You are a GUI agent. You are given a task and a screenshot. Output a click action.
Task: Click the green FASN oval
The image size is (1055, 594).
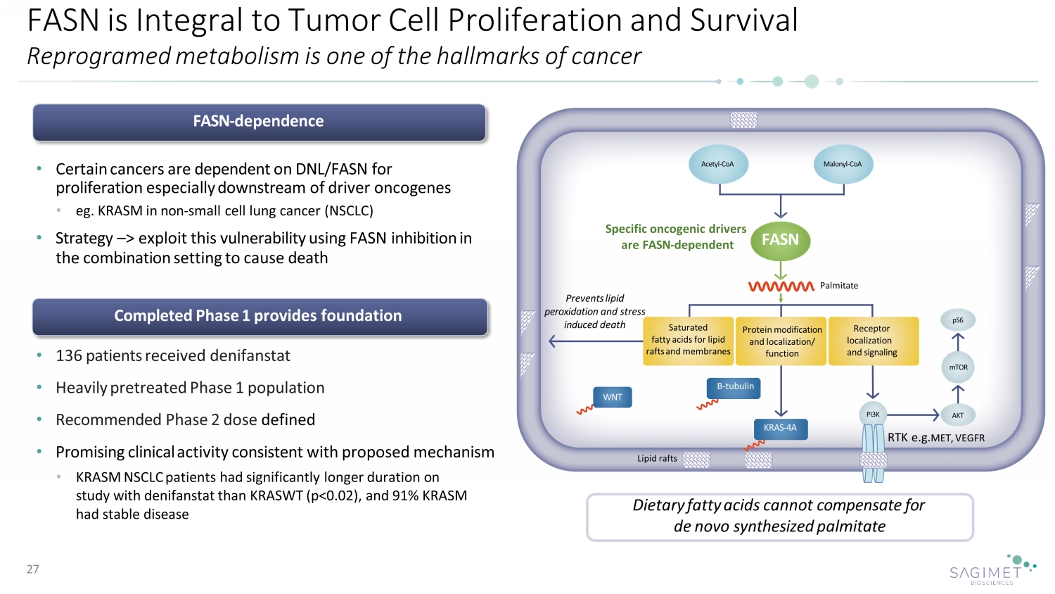click(780, 240)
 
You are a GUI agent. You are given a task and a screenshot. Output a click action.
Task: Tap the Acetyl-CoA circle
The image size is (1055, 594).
click(717, 164)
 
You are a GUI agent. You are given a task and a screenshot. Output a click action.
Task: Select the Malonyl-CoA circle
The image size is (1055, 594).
click(842, 164)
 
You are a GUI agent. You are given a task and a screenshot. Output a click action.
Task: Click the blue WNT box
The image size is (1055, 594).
click(612, 397)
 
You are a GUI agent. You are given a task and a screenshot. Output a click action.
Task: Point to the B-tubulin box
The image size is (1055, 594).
click(734, 387)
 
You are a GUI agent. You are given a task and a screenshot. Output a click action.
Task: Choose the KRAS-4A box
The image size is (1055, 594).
click(780, 428)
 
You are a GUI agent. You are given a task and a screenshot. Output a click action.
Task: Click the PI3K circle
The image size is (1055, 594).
click(873, 415)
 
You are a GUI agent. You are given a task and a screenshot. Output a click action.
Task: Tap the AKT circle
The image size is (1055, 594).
click(957, 415)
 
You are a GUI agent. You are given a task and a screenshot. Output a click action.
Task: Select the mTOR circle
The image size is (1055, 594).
click(958, 367)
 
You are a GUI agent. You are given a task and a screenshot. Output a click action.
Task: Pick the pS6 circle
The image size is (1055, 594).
click(958, 320)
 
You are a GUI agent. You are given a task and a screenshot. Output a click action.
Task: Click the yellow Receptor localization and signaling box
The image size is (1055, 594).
click(873, 341)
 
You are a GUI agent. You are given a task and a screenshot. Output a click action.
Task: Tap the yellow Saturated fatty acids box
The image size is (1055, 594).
click(688, 340)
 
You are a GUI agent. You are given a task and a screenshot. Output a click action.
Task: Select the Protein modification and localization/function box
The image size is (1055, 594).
click(781, 341)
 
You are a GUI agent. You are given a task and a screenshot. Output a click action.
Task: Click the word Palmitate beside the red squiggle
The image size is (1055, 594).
click(838, 286)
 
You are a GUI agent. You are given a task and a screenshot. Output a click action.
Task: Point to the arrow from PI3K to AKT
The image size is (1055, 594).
click(913, 415)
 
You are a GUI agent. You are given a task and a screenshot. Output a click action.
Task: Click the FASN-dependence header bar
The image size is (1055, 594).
click(259, 122)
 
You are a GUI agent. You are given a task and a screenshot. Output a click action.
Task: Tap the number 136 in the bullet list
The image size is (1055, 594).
click(68, 356)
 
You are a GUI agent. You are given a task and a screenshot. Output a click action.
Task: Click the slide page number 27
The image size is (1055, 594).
click(33, 569)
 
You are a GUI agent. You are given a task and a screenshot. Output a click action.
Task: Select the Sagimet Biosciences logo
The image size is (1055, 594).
click(992, 569)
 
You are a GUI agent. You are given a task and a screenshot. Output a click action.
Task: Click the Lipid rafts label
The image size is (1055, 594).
click(657, 458)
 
